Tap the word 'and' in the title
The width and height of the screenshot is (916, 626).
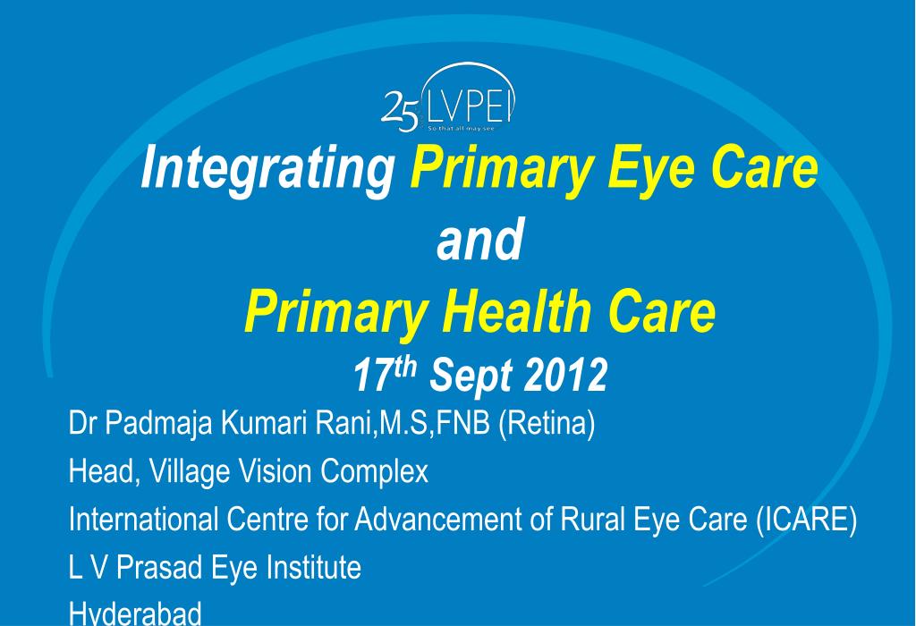click(479, 241)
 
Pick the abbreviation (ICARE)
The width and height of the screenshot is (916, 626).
click(806, 519)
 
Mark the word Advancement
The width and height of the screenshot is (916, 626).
click(441, 519)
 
